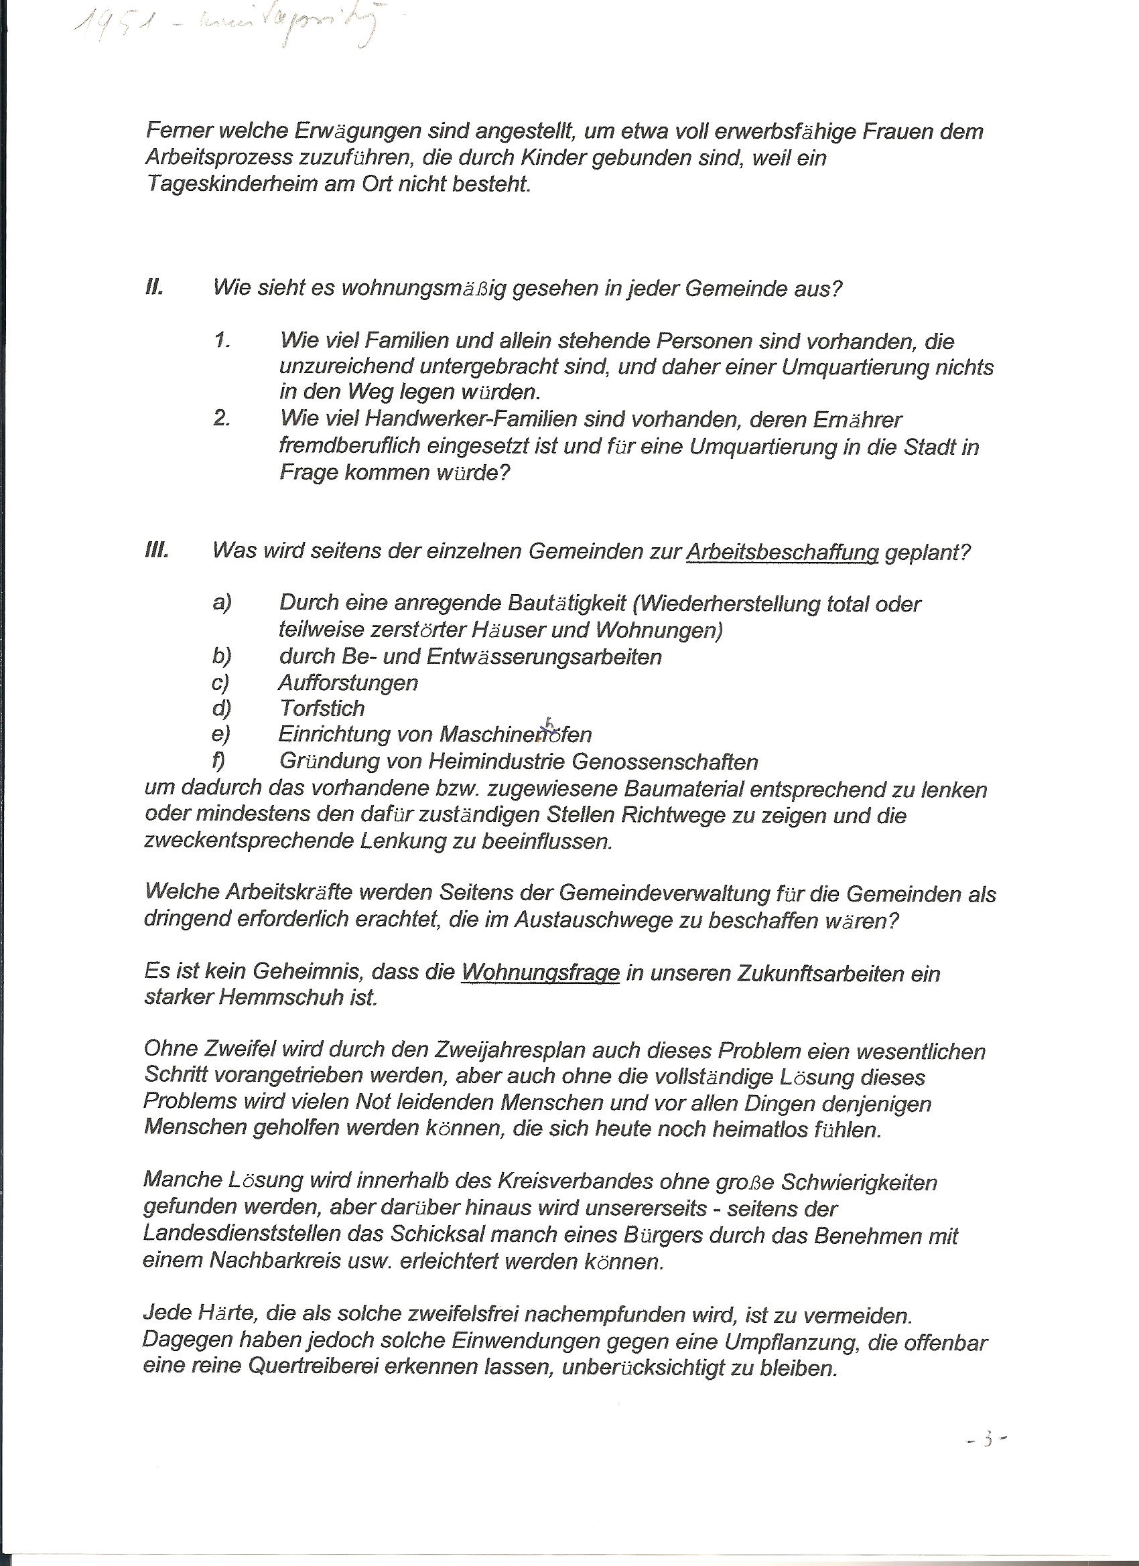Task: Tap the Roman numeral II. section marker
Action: [154, 287]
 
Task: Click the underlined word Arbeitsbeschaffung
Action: [782, 553]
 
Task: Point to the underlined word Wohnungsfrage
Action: [540, 974]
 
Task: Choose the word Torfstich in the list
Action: [322, 708]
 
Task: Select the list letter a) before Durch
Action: [222, 603]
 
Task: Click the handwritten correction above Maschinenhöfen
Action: [549, 722]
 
